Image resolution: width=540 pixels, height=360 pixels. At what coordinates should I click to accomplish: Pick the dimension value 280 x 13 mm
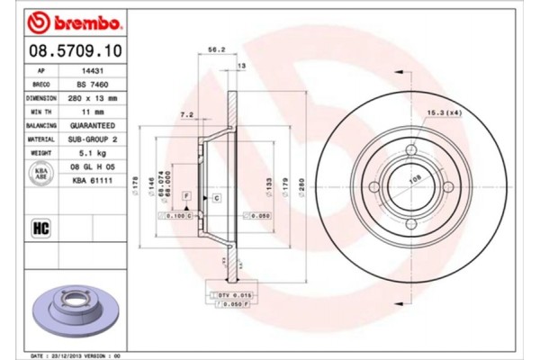(x=93, y=97)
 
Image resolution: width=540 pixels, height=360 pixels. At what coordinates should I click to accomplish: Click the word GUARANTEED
(x=93, y=126)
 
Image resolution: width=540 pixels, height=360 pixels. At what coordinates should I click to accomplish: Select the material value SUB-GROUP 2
(x=93, y=140)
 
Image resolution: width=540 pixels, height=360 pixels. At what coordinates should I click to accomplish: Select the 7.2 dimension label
(x=187, y=114)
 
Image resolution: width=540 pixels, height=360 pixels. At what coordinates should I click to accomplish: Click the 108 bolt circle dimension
(x=416, y=179)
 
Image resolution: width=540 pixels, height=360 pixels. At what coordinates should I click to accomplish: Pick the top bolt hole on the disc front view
(x=412, y=150)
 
